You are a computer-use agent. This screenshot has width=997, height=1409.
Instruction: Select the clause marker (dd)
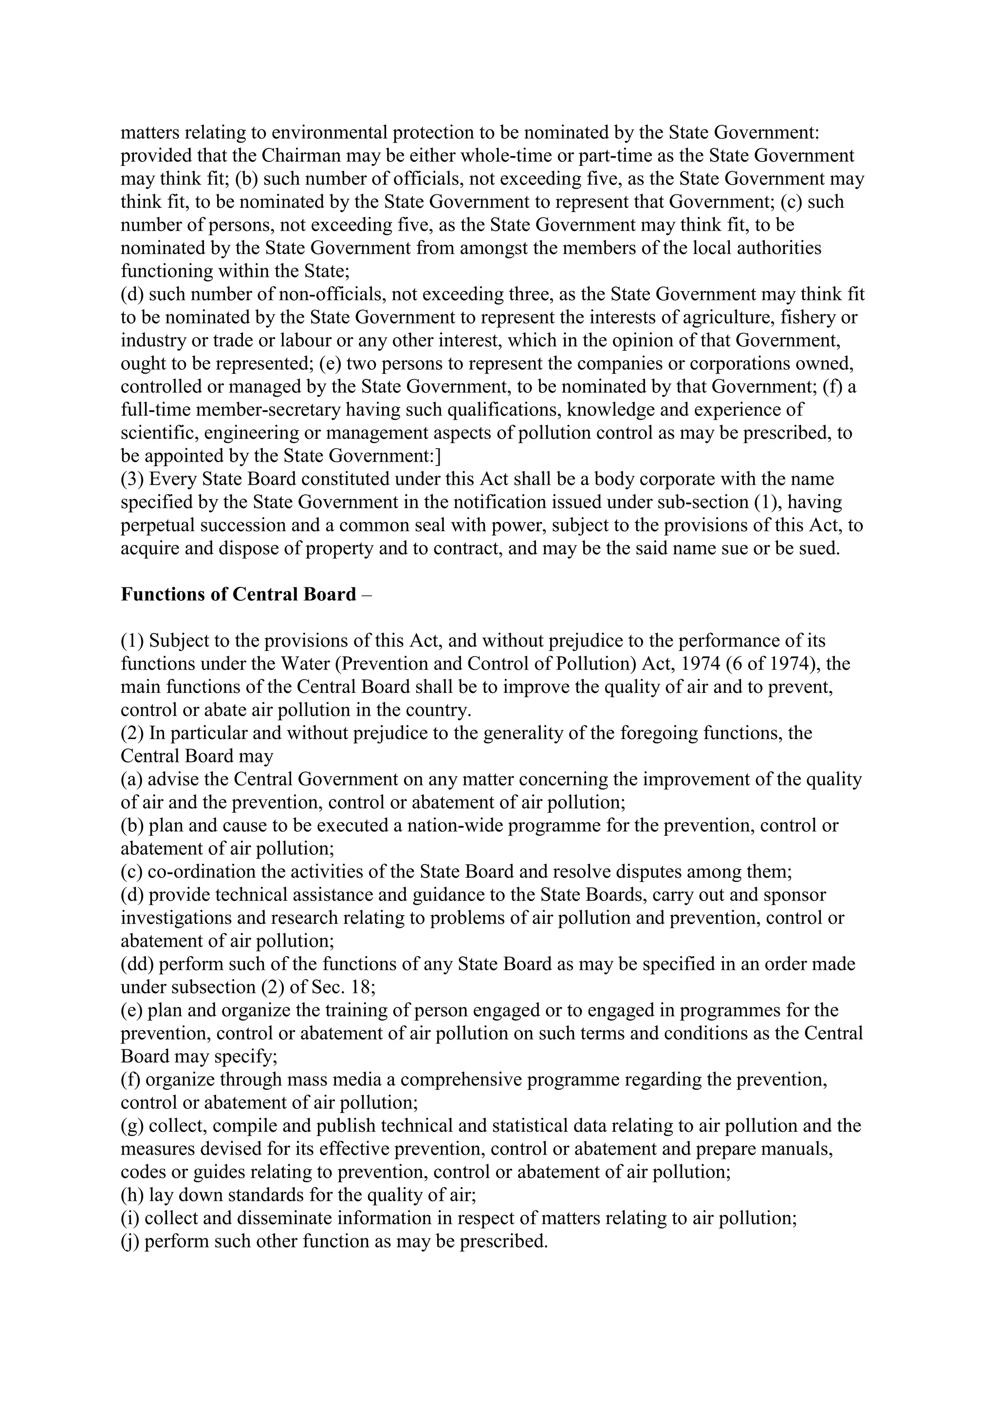(x=137, y=964)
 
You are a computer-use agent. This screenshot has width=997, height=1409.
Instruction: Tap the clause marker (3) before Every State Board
(x=132, y=479)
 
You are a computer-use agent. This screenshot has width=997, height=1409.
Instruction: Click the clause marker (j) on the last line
(x=130, y=1242)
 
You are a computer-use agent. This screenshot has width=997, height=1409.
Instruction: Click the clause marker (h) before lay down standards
(x=132, y=1195)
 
